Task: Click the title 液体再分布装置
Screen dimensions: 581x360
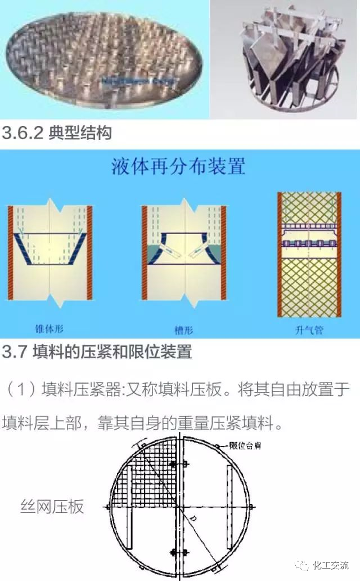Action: click(x=178, y=167)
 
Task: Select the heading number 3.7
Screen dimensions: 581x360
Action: click(x=15, y=353)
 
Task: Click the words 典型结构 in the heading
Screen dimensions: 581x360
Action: click(x=80, y=134)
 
